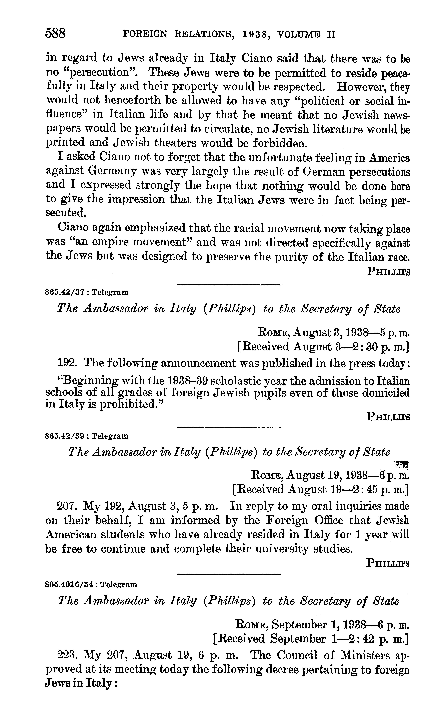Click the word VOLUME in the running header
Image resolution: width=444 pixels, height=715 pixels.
[299, 35]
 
